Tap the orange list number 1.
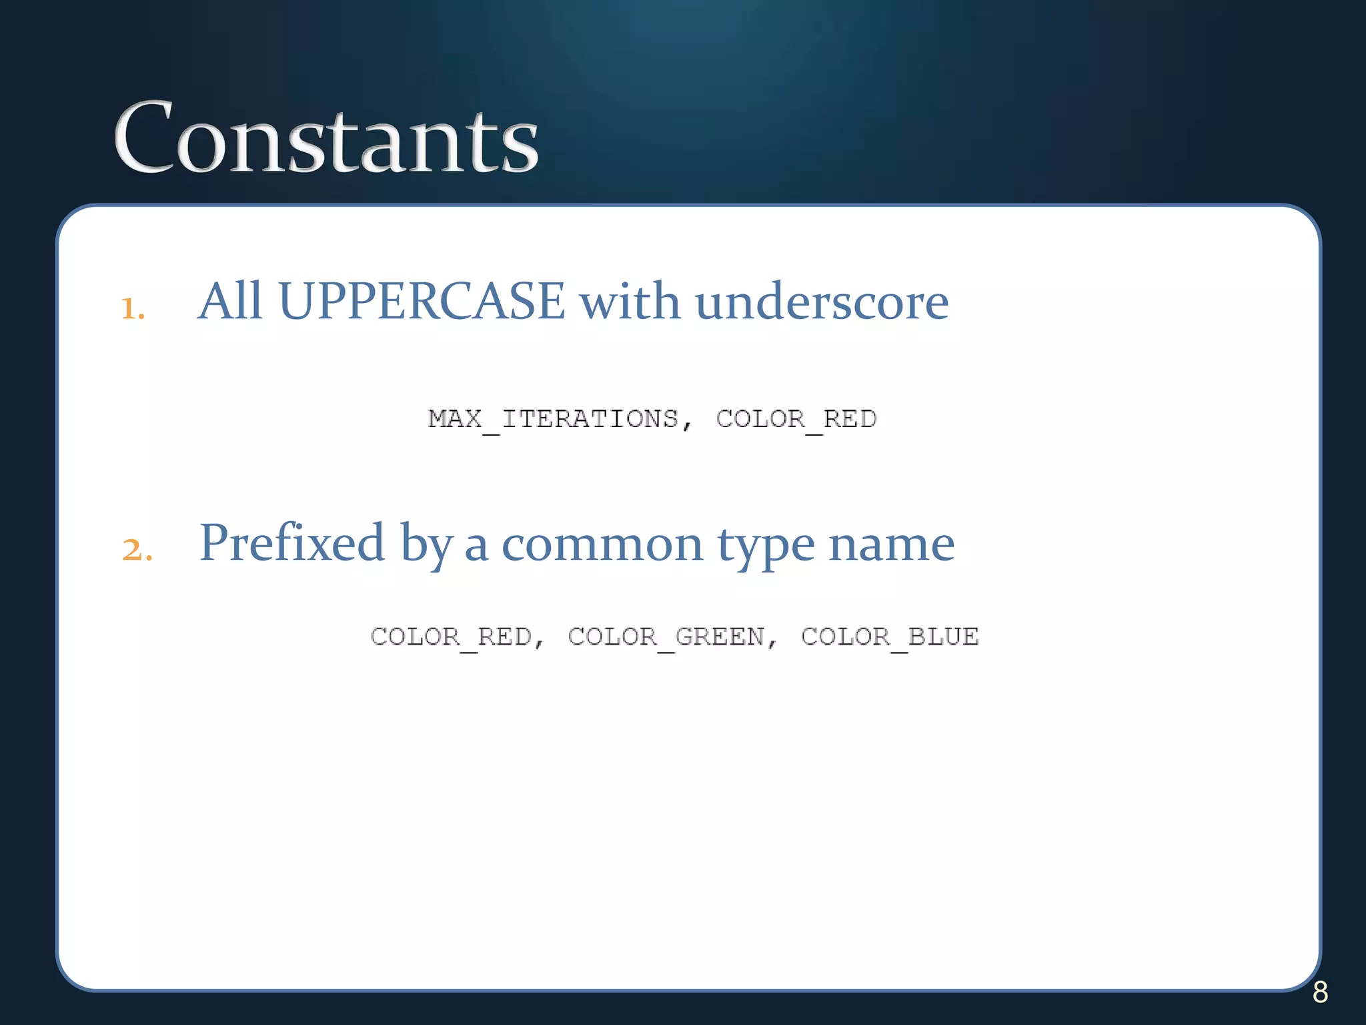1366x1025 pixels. [133, 308]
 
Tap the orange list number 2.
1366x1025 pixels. [137, 549]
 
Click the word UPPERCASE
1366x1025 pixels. [422, 302]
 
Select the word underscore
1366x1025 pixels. [822, 302]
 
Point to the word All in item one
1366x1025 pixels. [230, 302]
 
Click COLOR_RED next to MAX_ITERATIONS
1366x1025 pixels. [796, 420]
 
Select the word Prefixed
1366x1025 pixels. [292, 543]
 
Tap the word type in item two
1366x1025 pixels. [766, 547]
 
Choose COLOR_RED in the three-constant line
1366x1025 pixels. [452, 637]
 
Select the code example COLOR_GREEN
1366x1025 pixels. [666, 637]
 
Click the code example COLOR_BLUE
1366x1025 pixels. [890, 637]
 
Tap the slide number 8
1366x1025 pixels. [1320, 992]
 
